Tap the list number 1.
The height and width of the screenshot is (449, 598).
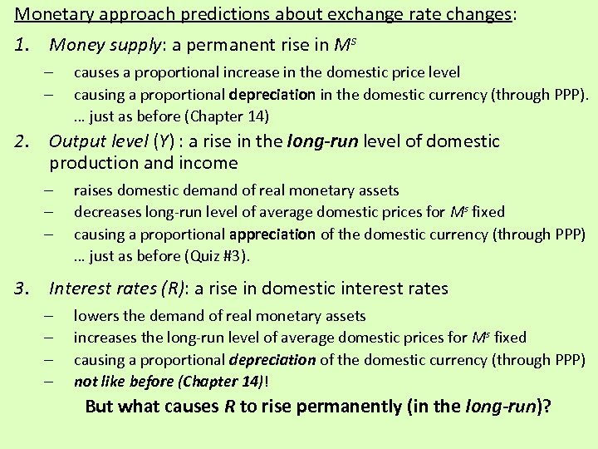point(23,43)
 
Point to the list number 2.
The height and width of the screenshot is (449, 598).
point(23,142)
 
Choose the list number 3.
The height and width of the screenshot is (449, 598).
point(23,289)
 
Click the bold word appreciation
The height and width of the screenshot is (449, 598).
point(272,234)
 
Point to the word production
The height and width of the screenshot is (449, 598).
point(94,163)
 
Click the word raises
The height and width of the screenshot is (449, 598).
point(92,191)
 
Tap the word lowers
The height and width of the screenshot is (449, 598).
point(95,316)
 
